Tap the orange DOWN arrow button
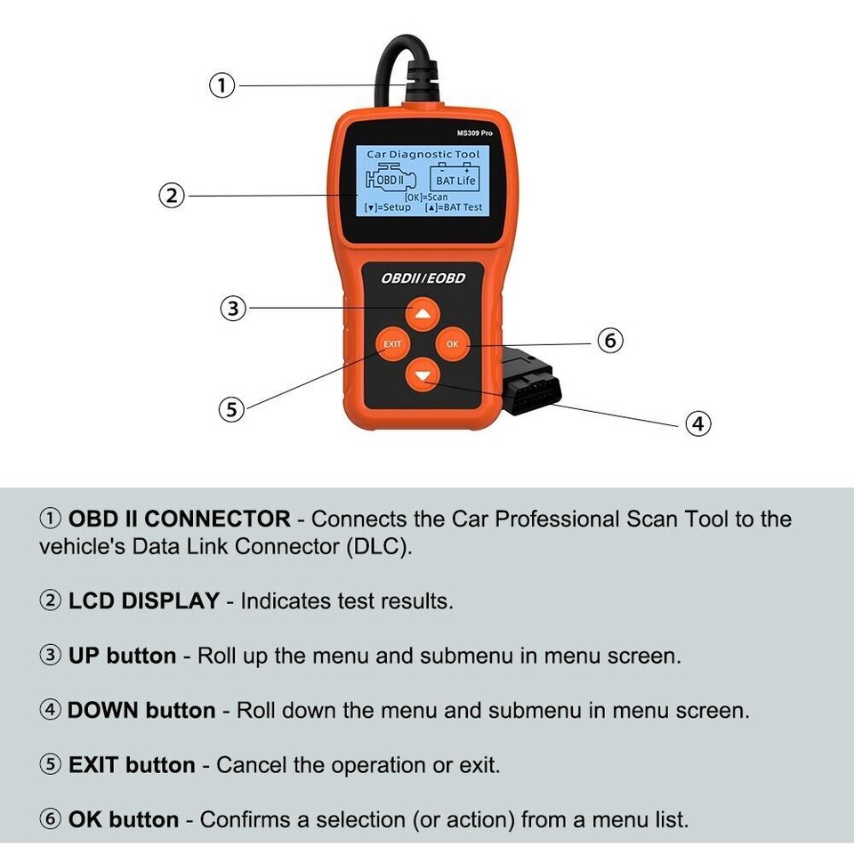[x=423, y=375]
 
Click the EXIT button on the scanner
[x=391, y=344]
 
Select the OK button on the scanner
[x=453, y=344]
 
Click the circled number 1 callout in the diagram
[x=222, y=85]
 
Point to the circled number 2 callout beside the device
[x=171, y=196]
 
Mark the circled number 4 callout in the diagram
[x=697, y=423]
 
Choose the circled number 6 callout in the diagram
[x=609, y=341]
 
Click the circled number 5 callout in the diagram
[x=231, y=409]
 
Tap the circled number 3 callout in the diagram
[x=232, y=309]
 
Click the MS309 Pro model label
[x=474, y=133]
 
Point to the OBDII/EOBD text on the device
[x=423, y=278]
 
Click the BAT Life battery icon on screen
[x=455, y=176]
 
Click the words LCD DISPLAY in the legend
[x=143, y=600]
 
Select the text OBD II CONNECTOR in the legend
[x=179, y=519]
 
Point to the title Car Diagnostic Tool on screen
[x=423, y=155]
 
